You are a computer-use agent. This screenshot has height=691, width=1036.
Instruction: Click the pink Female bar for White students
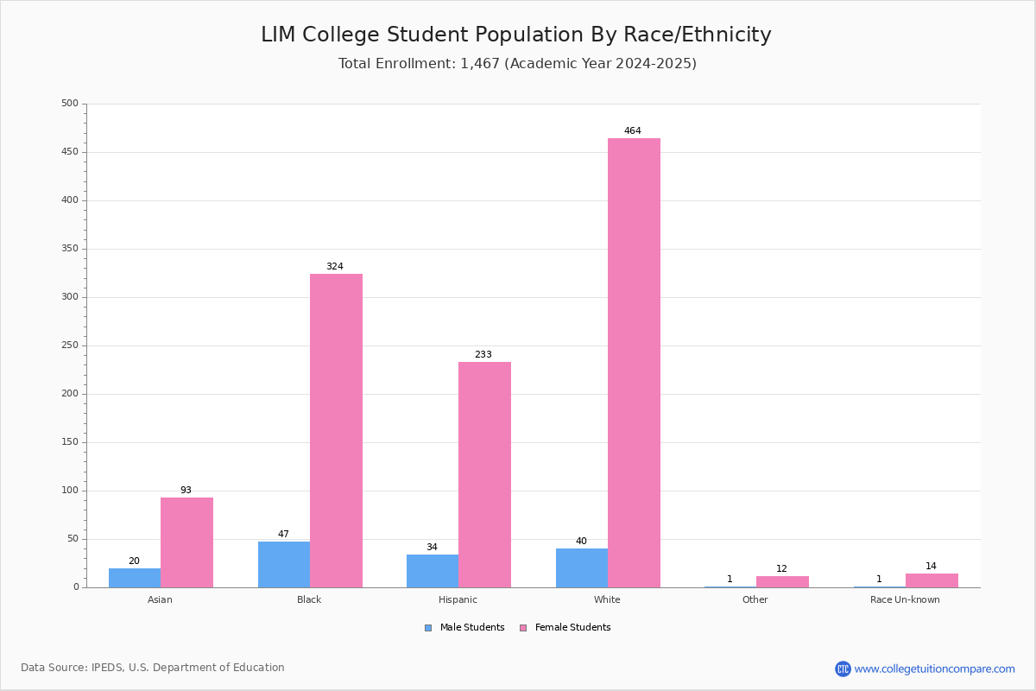point(634,363)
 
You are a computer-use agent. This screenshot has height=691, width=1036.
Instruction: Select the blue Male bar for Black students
point(284,564)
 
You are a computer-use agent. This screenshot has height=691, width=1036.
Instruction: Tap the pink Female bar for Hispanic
point(484,474)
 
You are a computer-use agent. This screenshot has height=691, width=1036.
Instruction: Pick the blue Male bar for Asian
point(135,578)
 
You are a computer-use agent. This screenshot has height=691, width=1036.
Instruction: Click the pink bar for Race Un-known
point(932,580)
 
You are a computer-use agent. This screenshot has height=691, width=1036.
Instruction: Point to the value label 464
point(633,131)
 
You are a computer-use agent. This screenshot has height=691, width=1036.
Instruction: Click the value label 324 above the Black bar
point(334,267)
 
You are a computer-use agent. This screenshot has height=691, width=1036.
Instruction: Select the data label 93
point(186,491)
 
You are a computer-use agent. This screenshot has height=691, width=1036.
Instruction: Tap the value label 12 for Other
point(781,569)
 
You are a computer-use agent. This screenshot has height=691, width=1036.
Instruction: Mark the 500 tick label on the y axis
point(69,104)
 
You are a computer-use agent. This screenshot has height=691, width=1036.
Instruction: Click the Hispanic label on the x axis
point(458,599)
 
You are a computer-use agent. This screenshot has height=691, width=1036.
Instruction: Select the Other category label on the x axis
point(755,599)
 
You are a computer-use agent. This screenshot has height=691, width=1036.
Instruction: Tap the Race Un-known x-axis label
point(905,599)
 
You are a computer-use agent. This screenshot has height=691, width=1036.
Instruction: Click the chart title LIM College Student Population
point(516,35)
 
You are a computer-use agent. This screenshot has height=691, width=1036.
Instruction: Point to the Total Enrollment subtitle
point(517,64)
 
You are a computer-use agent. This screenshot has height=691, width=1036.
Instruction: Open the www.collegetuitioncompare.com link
point(934,669)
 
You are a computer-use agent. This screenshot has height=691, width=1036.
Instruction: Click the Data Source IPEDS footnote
point(153,668)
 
